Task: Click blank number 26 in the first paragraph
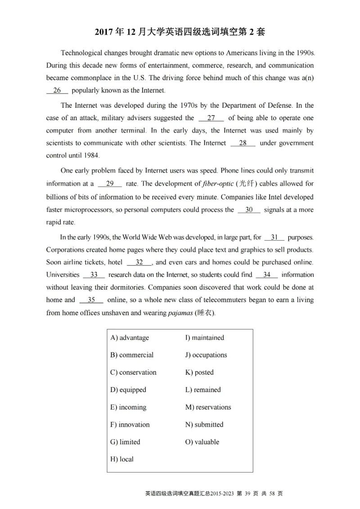click(x=57, y=90)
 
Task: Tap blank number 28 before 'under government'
click(x=243, y=143)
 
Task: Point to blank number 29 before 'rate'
click(x=110, y=183)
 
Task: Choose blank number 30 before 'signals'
click(x=249, y=210)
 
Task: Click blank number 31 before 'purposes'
click(x=274, y=237)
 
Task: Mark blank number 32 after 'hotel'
click(x=139, y=262)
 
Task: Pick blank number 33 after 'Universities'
click(x=94, y=275)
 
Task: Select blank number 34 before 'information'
click(x=267, y=275)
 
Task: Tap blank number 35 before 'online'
click(x=91, y=300)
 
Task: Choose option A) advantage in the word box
click(x=130, y=338)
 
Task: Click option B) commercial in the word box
click(x=132, y=355)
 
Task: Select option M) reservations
click(x=208, y=407)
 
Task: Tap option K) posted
click(x=199, y=372)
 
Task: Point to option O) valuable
click(x=202, y=442)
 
